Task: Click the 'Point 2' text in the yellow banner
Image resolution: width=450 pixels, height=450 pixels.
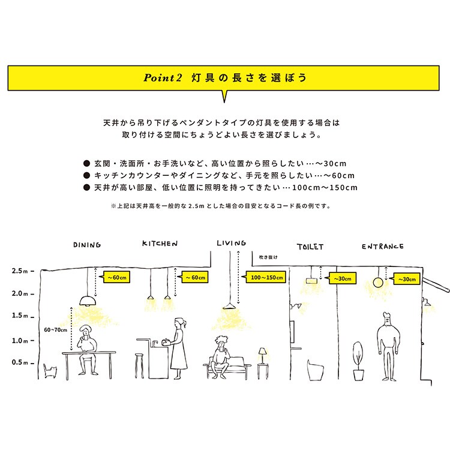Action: (163, 78)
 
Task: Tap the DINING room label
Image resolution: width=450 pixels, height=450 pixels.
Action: (86, 245)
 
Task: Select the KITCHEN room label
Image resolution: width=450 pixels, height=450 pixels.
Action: (160, 244)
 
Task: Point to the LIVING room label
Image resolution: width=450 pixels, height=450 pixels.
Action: (232, 243)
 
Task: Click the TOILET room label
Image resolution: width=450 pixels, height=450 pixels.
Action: (310, 247)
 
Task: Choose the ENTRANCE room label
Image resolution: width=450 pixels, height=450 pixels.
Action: (382, 246)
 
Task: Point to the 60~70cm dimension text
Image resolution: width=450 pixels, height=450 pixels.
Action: (55, 329)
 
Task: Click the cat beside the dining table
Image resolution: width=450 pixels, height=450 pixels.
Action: (49, 370)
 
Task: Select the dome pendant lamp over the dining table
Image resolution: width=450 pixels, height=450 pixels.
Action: (88, 300)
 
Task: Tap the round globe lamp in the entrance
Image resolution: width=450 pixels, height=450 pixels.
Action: (378, 282)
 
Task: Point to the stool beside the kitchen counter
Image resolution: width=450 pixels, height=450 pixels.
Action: (139, 365)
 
